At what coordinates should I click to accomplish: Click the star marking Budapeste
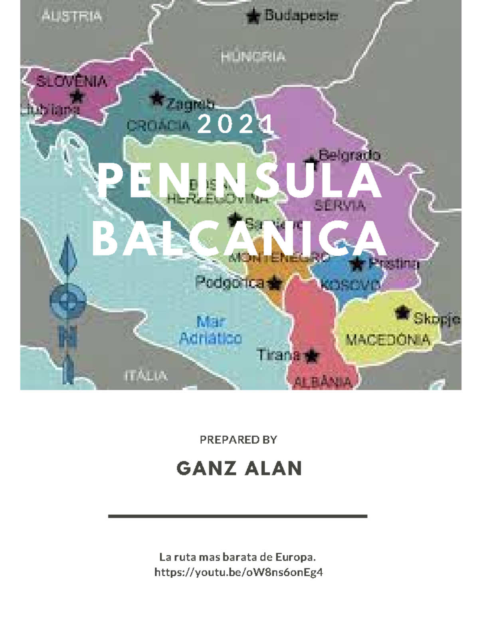[x=252, y=16]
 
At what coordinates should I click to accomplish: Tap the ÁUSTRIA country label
[x=72, y=16]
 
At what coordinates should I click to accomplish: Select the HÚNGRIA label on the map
[x=253, y=57]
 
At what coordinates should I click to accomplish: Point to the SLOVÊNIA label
[x=72, y=82]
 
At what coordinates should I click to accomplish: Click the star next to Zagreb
[x=157, y=98]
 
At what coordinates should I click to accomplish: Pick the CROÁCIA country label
[x=158, y=126]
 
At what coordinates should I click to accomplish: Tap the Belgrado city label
[x=349, y=155]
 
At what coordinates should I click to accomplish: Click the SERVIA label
[x=340, y=206]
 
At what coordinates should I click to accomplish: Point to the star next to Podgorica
[x=274, y=283]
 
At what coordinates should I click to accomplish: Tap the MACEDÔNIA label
[x=388, y=340]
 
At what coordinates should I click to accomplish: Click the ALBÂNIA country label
[x=323, y=382]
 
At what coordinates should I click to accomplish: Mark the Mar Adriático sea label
[x=211, y=330]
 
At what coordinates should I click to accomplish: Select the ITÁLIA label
[x=145, y=376]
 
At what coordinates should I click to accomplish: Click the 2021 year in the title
[x=237, y=125]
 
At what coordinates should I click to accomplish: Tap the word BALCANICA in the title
[x=239, y=240]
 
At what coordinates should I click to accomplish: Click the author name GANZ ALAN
[x=239, y=468]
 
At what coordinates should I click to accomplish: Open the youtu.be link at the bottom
[x=238, y=572]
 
